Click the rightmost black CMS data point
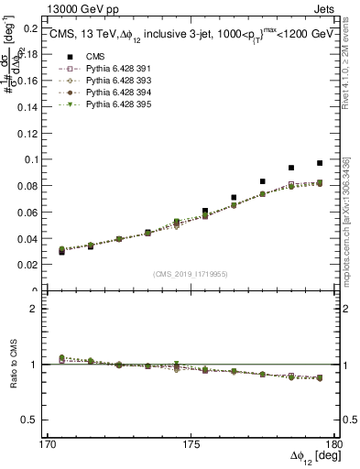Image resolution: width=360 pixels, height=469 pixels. point(320,163)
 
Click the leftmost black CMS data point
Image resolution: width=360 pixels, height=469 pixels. point(61,251)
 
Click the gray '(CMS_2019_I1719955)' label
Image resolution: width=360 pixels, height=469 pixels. point(191,273)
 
